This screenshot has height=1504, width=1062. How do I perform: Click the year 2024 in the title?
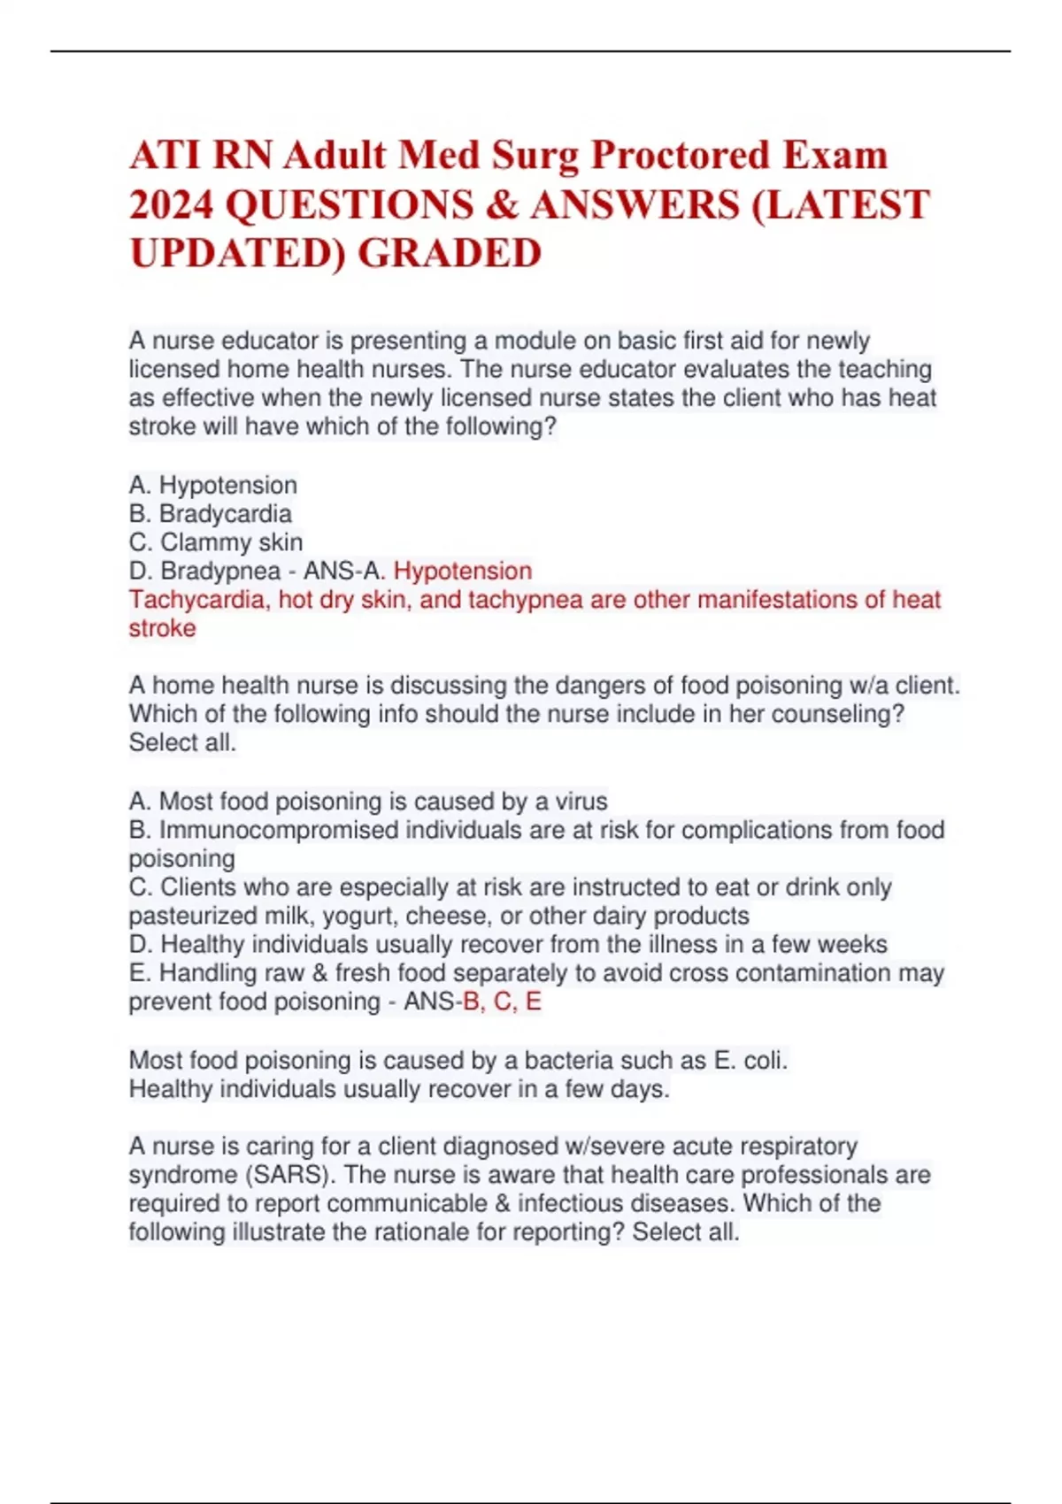172,204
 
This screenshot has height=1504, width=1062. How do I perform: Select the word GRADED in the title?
450,253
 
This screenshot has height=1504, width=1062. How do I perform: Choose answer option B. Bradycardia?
211,514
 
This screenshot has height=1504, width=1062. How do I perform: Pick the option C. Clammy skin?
216,542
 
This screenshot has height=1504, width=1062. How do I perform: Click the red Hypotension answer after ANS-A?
463,571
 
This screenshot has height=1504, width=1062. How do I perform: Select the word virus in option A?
581,802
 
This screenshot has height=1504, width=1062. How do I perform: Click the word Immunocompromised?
280,830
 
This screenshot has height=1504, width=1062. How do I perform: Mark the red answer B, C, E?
502,1001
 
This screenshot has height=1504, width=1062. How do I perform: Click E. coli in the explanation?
750,1060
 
